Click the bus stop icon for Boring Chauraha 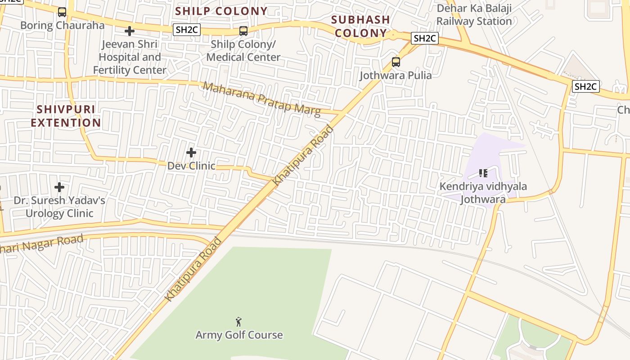[x=62, y=12]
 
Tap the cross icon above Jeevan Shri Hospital [x=130, y=31]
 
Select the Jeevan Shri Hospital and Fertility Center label [x=130, y=57]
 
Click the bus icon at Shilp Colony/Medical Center [x=243, y=31]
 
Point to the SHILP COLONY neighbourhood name [x=221, y=11]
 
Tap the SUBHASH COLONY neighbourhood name [x=360, y=26]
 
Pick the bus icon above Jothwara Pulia [x=396, y=62]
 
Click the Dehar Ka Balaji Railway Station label [x=474, y=15]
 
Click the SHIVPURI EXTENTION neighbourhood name [x=66, y=116]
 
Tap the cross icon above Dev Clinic [x=191, y=153]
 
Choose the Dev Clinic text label [x=191, y=166]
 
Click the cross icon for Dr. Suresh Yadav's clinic [x=59, y=187]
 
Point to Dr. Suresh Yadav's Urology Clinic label [x=59, y=207]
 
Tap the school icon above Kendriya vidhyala [x=483, y=173]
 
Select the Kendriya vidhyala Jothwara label [x=483, y=193]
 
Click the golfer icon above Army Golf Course [x=238, y=322]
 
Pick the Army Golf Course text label [x=239, y=335]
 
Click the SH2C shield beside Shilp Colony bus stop [x=187, y=30]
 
